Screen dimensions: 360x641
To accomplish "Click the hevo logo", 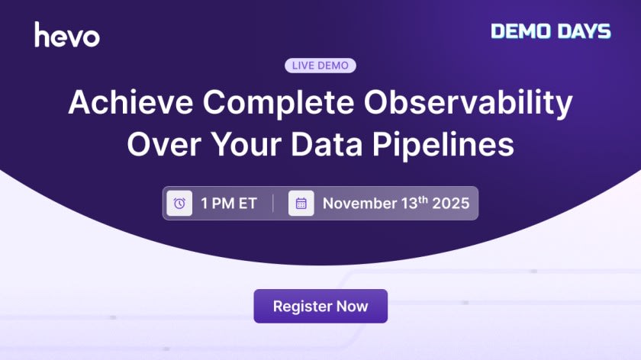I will coord(67,35).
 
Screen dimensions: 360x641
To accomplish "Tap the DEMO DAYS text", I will coord(550,31).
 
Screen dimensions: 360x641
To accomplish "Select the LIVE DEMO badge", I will coord(320,66).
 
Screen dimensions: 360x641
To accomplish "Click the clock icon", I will coord(179,204).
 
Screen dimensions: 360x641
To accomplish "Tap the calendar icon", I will coord(301,204).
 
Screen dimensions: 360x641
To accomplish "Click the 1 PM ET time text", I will coord(229,204).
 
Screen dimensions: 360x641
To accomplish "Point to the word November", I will coord(361,204).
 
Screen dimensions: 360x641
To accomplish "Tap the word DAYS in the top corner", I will coord(585,31).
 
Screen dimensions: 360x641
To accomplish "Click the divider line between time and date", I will coord(274,204).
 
